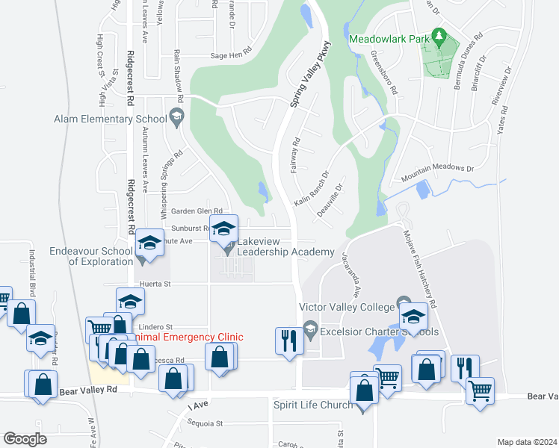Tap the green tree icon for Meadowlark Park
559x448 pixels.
pos(439,35)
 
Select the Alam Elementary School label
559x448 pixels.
pos(110,119)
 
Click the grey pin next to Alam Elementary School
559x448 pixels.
pos(176,116)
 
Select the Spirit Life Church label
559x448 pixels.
pos(313,405)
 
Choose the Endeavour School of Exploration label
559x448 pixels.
pos(90,256)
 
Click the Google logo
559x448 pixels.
pos(25,438)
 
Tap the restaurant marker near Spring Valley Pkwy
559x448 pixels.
pos(288,341)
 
